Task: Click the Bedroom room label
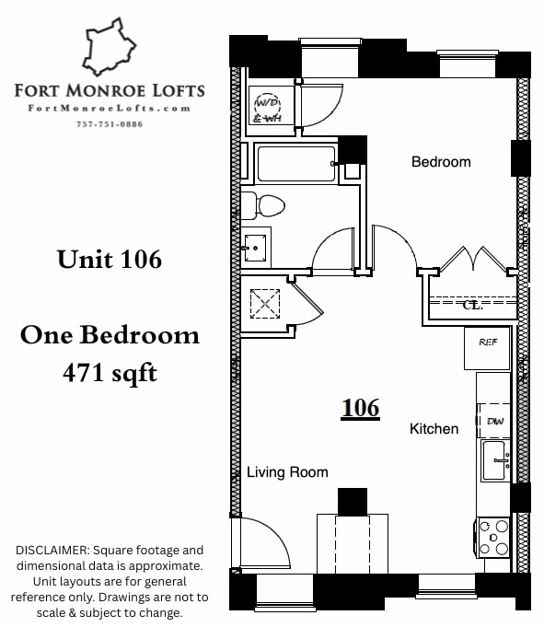440,162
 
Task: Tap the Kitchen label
434,428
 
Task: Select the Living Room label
287,472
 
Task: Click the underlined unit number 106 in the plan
360,408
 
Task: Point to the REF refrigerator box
488,342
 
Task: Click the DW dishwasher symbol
494,420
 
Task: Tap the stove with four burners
493,537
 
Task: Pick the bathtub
296,164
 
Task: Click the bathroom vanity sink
256,247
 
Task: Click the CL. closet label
472,305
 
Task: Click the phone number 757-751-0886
109,124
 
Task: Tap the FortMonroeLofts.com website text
110,108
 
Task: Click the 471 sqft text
109,373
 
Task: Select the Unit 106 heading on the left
109,260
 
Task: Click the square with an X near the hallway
265,302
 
